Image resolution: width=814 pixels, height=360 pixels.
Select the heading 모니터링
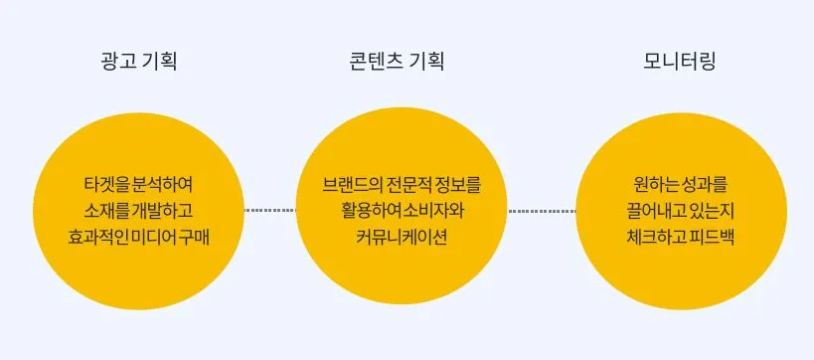pyautogui.click(x=680, y=62)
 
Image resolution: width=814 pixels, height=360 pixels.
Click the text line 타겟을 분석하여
pyautogui.click(x=138, y=185)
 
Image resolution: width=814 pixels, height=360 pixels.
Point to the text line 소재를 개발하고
pyautogui.click(x=138, y=211)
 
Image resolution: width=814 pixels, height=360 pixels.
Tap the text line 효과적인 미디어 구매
pyautogui.click(x=138, y=238)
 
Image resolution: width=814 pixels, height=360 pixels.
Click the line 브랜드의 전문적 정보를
pyautogui.click(x=402, y=185)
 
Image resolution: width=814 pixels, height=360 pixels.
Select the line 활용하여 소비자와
pyautogui.click(x=402, y=211)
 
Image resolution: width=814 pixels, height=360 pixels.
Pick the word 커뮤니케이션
pyautogui.click(x=402, y=238)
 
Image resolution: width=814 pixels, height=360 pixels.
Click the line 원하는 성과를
pyautogui.click(x=680, y=185)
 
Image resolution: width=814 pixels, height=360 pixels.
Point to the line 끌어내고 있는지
pyautogui.click(x=680, y=211)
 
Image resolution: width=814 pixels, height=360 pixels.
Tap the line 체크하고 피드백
pyautogui.click(x=680, y=238)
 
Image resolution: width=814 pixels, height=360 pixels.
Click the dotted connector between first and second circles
pyautogui.click(x=269, y=211)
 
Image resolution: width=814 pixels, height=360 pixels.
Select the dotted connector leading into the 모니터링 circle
pyautogui.click(x=542, y=211)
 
